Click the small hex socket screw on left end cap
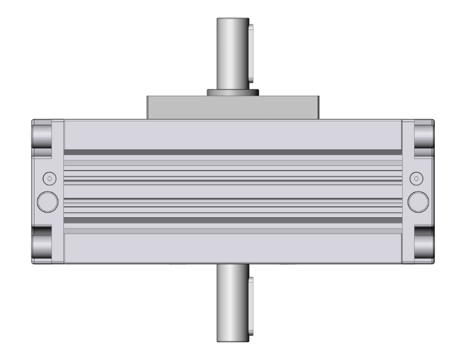[48, 179]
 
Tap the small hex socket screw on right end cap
[417, 179]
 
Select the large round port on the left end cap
[48, 201]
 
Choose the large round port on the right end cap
[417, 201]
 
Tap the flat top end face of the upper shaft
[233, 19]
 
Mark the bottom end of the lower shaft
[233, 340]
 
